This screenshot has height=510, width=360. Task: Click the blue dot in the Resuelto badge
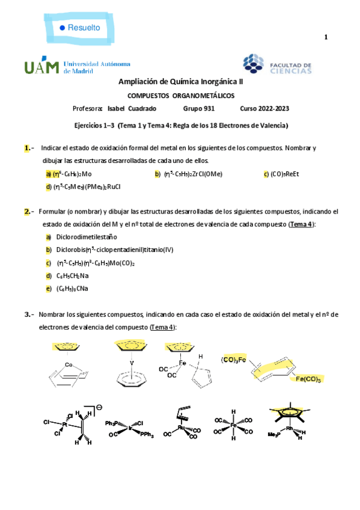(x=62, y=28)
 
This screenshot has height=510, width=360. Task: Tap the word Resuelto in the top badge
(x=84, y=28)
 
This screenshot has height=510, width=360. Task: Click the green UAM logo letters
(x=41, y=67)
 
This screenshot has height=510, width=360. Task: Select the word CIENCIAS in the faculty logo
(x=290, y=71)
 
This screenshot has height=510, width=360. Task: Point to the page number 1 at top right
(x=326, y=38)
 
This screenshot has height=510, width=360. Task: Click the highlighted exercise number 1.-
(x=28, y=147)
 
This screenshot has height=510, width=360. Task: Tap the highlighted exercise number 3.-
(x=28, y=315)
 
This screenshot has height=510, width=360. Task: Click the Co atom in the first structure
(x=69, y=365)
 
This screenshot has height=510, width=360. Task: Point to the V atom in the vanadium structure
(x=132, y=363)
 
